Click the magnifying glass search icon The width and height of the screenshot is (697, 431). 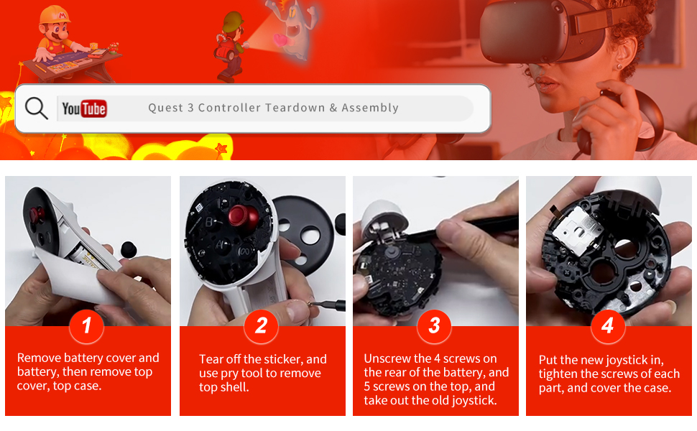click(36, 108)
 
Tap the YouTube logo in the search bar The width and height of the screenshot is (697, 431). click(84, 108)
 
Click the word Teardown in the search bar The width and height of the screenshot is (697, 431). click(295, 108)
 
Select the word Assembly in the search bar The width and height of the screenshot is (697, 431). click(370, 108)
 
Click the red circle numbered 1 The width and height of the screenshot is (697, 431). click(87, 326)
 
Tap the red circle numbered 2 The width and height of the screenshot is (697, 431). click(262, 326)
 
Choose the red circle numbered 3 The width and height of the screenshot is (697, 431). click(434, 326)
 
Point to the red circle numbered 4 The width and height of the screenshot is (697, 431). click(608, 326)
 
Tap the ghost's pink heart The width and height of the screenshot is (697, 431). click(282, 40)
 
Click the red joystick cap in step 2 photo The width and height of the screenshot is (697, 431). click(243, 216)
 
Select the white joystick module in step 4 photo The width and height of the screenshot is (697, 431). click(578, 231)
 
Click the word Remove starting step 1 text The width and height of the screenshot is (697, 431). click(39, 358)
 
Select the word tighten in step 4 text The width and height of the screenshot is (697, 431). click(558, 374)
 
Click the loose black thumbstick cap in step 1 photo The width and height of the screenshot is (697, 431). click(129, 249)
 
